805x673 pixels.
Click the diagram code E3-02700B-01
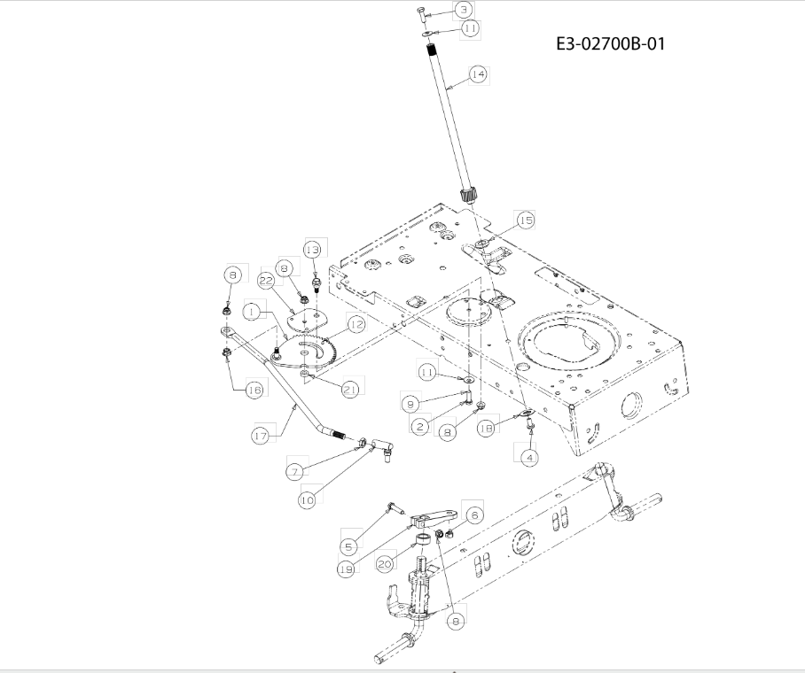[611, 43]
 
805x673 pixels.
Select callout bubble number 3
[464, 9]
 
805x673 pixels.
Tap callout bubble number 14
[478, 74]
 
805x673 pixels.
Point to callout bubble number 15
[526, 220]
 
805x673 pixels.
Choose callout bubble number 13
[312, 251]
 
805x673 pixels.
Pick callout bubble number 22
[266, 281]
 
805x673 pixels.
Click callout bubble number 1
[251, 312]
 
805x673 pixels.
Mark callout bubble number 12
[356, 325]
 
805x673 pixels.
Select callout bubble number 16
[254, 391]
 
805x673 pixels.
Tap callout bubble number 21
[350, 390]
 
